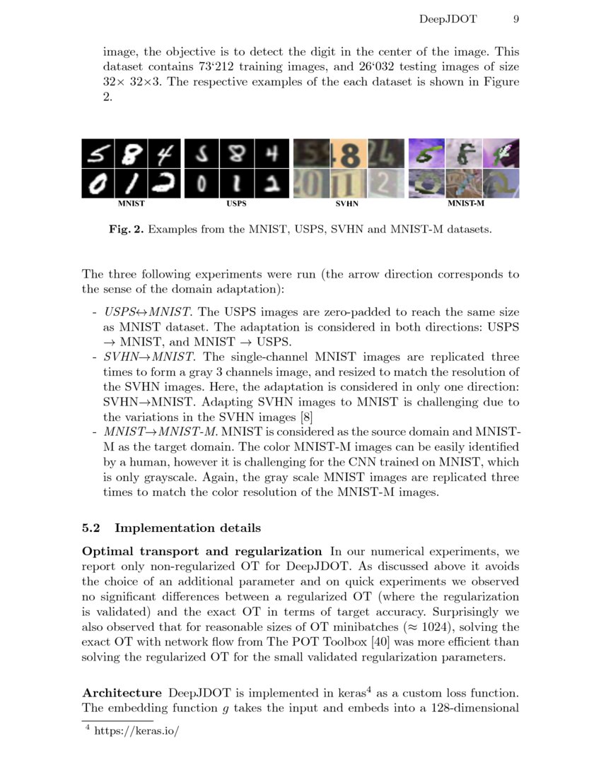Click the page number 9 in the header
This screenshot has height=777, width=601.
(516, 19)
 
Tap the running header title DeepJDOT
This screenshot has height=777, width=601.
(448, 19)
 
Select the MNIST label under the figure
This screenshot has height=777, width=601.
(131, 203)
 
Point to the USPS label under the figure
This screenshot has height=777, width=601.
(236, 203)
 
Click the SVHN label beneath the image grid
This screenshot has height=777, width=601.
(346, 203)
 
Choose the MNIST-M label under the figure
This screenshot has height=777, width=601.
(465, 203)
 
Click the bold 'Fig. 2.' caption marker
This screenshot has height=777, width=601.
(127, 230)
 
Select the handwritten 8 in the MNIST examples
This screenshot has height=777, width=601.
(131, 153)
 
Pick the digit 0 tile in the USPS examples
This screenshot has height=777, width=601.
(202, 184)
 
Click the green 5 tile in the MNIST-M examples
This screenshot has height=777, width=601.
(426, 153)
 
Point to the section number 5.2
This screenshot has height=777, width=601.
(94, 528)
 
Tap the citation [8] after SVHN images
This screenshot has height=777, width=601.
(306, 417)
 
